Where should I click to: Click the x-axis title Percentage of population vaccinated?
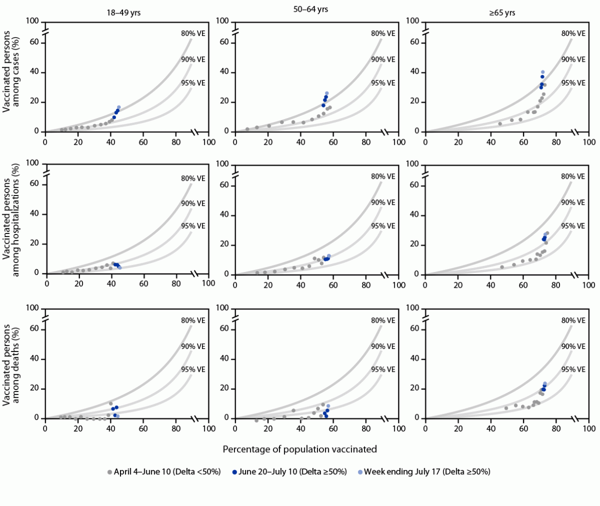click(300, 449)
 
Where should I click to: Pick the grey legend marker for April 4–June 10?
click(109, 472)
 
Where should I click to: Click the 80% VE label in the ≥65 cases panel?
click(573, 33)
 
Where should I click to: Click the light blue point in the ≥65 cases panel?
click(543, 72)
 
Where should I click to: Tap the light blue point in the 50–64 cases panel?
click(327, 93)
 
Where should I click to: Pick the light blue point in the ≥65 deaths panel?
click(545, 383)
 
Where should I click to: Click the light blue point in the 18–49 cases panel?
click(118, 107)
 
